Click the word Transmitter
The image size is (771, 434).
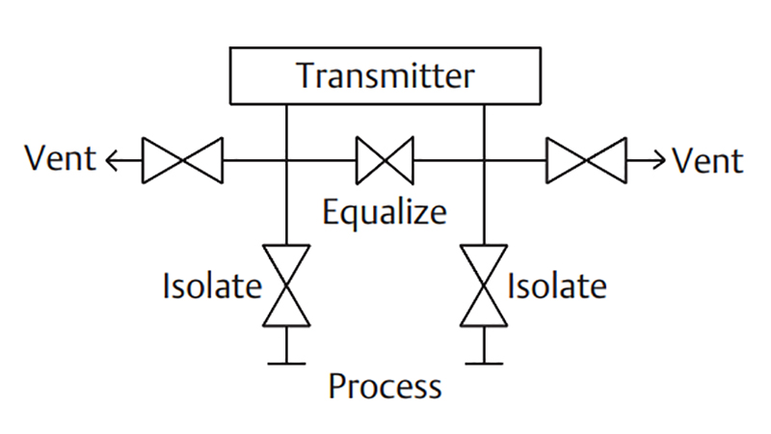click(x=385, y=76)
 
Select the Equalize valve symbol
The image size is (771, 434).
click(x=385, y=160)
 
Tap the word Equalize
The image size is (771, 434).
click(x=385, y=212)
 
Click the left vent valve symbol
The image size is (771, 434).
click(x=182, y=160)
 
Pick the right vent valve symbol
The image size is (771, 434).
click(x=587, y=160)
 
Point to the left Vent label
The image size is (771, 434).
click(x=61, y=158)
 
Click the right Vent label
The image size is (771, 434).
click(x=708, y=160)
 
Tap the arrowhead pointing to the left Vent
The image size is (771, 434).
click(x=111, y=160)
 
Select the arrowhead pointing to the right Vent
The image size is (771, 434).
click(x=659, y=160)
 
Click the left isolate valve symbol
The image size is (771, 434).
click(x=286, y=285)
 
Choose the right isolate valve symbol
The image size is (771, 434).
click(x=484, y=285)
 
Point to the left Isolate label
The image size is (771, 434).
click(x=212, y=285)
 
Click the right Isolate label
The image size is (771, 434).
click(x=557, y=285)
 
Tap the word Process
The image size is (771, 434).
click(x=385, y=387)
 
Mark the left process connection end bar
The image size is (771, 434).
click(x=286, y=364)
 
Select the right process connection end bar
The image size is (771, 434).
click(x=484, y=364)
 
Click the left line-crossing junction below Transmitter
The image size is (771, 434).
click(x=286, y=160)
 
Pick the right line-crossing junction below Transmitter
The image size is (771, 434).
click(x=484, y=160)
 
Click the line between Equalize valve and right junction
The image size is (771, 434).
click(x=448, y=160)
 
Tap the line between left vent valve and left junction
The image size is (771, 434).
click(x=254, y=160)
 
